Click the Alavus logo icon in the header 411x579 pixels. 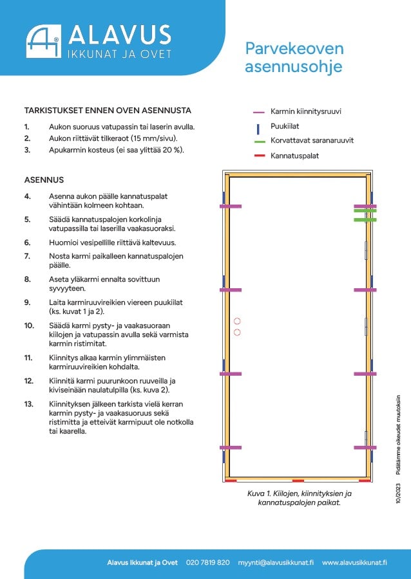(44, 41)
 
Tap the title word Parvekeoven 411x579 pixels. (294, 49)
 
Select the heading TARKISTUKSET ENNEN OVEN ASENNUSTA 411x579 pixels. (108, 111)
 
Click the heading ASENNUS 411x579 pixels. (44, 180)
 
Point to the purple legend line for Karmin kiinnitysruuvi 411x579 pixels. (259, 111)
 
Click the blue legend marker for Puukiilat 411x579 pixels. (258, 129)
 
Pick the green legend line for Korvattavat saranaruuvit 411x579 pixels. (260, 142)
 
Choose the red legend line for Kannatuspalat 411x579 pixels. (260, 156)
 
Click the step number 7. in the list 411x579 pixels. (27, 256)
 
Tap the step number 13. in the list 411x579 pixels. (29, 404)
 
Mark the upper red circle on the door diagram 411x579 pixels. (237, 321)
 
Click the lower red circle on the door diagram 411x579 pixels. (237, 333)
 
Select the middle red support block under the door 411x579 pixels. (298, 481)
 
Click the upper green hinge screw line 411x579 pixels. (365, 211)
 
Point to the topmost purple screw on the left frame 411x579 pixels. (231, 206)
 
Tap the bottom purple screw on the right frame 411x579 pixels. (365, 448)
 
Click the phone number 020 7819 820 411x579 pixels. (207, 563)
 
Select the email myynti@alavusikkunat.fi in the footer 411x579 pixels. (276, 563)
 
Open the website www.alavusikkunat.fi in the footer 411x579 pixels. (354, 563)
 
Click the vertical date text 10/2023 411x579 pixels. (398, 492)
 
